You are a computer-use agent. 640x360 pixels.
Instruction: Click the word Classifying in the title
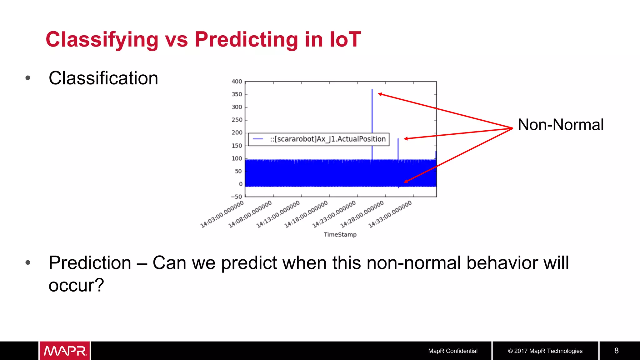coord(102,40)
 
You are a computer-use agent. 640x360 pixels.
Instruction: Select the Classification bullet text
coord(103,78)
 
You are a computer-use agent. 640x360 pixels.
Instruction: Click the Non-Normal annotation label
coord(560,125)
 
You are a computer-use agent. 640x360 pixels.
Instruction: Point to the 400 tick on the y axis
coord(237,82)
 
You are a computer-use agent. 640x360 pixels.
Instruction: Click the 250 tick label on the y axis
coord(237,120)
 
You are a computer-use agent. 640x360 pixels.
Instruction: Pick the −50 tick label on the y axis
coord(236,197)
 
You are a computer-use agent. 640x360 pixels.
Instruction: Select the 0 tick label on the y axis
coord(240,184)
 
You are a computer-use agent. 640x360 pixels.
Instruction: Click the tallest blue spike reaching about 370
coord(372,109)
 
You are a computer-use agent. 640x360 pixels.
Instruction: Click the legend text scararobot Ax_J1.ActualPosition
coord(328,139)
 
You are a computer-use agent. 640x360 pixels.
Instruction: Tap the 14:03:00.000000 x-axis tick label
coord(222,214)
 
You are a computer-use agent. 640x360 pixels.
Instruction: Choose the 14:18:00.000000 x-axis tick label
coord(306,214)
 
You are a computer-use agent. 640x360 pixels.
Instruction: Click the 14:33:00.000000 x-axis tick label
coord(390,214)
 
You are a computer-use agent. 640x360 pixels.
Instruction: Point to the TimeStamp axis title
coord(340,235)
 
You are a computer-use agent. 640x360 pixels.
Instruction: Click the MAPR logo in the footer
coord(65,351)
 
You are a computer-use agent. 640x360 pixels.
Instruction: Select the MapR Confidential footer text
coord(452,351)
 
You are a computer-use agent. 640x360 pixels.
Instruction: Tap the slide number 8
coord(616,351)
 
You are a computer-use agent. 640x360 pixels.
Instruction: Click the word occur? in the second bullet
coord(76,285)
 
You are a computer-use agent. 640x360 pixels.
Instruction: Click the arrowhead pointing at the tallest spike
coord(380,94)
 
